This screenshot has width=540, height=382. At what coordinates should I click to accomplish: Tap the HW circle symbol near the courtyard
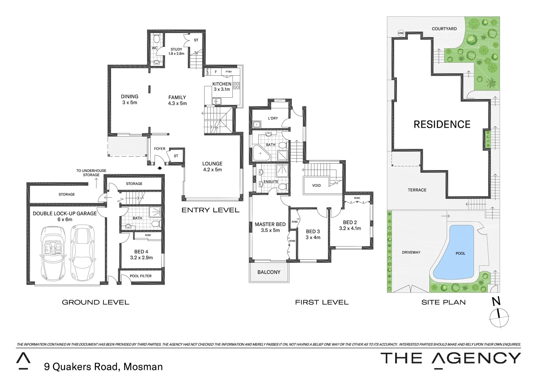401,33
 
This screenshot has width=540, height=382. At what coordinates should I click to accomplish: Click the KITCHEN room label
222,84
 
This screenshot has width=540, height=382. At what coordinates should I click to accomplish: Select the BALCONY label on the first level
269,272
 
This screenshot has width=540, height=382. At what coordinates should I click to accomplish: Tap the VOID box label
316,185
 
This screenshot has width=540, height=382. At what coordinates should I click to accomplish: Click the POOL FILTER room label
141,276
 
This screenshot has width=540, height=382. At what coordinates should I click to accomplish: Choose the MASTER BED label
270,224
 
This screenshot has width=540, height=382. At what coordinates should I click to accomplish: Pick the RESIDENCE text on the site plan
442,125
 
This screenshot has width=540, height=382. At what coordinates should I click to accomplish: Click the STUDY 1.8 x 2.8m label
176,52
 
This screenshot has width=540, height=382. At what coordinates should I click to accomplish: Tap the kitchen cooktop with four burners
236,85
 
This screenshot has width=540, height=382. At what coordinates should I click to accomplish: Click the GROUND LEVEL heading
95,302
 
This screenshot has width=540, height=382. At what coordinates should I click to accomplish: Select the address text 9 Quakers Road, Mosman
103,366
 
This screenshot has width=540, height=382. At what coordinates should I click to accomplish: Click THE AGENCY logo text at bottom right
450,358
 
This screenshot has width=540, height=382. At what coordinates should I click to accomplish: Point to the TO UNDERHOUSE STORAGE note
91,173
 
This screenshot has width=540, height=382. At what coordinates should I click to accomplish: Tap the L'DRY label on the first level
273,118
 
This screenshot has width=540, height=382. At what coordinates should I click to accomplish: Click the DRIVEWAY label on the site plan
411,252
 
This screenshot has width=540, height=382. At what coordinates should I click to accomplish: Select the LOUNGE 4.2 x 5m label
212,166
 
